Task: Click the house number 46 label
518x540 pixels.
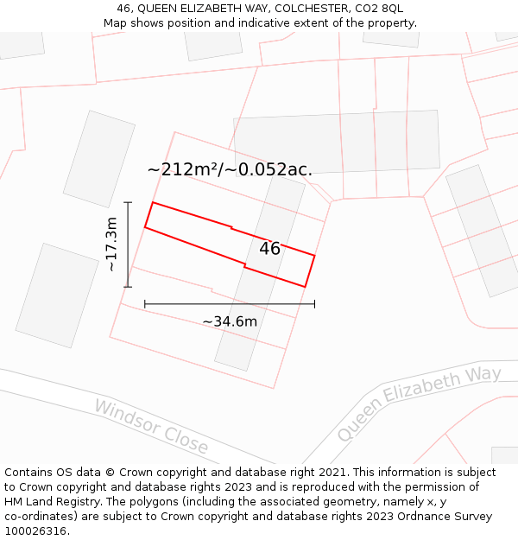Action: point(269,249)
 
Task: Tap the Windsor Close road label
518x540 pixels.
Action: point(151,426)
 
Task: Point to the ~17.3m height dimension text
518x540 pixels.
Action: point(111,245)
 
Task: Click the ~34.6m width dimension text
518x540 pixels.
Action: point(230,321)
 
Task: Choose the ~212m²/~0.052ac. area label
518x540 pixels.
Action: point(230,169)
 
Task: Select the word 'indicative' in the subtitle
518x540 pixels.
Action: point(262,23)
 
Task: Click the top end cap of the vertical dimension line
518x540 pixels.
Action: point(128,202)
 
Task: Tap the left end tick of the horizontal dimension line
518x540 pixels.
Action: point(145,304)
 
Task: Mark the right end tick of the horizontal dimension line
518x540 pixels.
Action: point(314,304)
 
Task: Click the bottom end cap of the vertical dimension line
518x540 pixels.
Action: point(128,287)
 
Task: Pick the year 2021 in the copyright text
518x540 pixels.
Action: point(332,473)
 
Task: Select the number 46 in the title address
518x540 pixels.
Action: point(123,9)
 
